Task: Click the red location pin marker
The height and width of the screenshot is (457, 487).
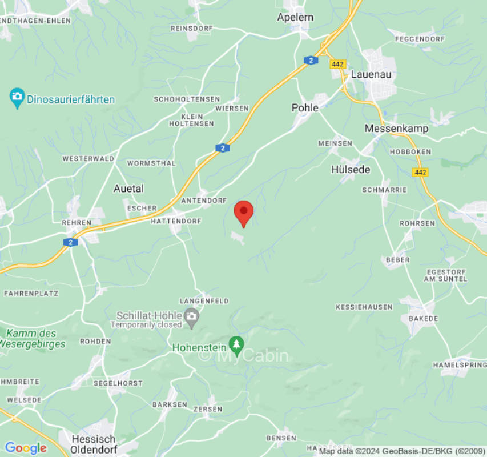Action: click(x=244, y=213)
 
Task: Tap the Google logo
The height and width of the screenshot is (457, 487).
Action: click(x=25, y=448)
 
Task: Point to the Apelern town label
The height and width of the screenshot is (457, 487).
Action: click(x=295, y=17)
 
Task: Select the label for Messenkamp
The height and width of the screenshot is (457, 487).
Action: click(x=396, y=129)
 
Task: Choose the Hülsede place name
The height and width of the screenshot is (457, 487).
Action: click(x=351, y=170)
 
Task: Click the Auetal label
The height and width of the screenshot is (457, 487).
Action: click(x=128, y=189)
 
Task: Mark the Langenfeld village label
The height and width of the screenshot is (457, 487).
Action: click(x=204, y=301)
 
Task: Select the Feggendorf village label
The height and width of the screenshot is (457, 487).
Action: click(x=420, y=39)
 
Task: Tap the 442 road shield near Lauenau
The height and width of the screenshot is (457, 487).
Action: click(x=337, y=64)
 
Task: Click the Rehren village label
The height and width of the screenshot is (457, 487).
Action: click(x=78, y=222)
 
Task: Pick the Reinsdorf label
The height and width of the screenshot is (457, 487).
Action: click(x=192, y=27)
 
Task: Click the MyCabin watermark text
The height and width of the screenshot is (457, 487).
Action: click(x=244, y=355)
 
